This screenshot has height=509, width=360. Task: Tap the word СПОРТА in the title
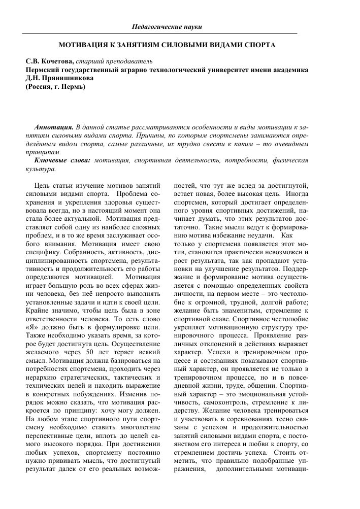click(x=258, y=45)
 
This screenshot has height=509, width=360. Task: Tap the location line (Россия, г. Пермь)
click(x=55, y=87)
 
